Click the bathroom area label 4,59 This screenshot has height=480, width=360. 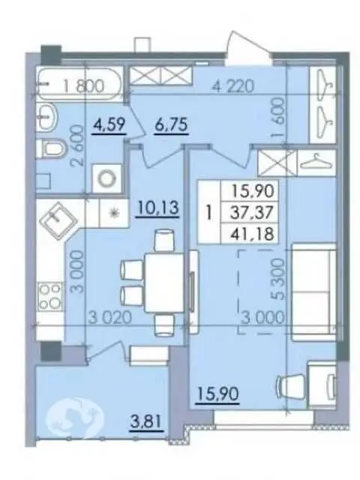110,124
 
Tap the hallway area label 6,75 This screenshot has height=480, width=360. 171,124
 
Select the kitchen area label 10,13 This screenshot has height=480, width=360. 158,208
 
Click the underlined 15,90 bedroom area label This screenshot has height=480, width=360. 218,394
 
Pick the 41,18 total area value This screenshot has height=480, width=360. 252,235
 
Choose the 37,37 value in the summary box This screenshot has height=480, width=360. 252,212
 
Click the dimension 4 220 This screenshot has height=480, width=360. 234,86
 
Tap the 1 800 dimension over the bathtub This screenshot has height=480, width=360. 83,86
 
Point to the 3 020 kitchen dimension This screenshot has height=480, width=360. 110,317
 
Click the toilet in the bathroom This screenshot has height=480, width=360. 52,150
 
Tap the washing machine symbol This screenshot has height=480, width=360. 107,178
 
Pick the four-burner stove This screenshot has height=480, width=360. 50,296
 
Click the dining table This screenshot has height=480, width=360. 164,282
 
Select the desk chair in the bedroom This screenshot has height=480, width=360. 291,385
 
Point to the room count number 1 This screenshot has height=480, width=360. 209,212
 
